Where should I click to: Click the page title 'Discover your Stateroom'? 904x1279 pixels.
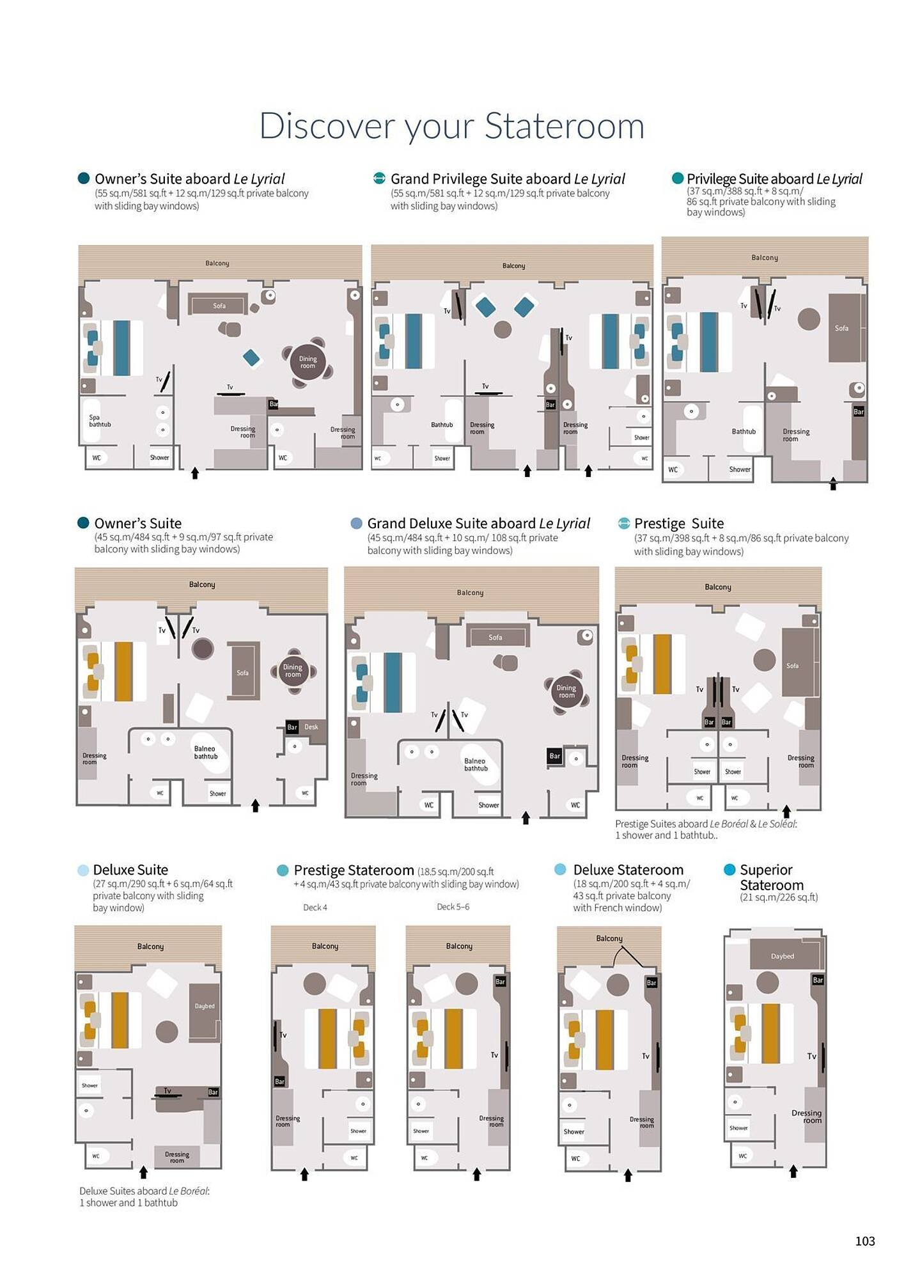pyautogui.click(x=451, y=125)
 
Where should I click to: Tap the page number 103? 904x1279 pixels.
pyautogui.click(x=864, y=1241)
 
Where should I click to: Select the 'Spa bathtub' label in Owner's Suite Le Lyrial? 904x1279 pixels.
pyautogui.click(x=99, y=421)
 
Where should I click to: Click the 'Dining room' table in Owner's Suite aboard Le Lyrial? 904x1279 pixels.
pyautogui.click(x=308, y=363)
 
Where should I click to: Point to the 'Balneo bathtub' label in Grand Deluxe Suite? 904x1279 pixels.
pyautogui.click(x=475, y=765)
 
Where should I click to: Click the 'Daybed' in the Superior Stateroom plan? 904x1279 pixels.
pyautogui.click(x=782, y=956)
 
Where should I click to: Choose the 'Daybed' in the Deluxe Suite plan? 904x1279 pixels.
pyautogui.click(x=205, y=1006)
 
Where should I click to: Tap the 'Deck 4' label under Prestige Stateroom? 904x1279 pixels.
pyautogui.click(x=315, y=907)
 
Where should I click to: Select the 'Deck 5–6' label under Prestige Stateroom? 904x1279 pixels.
pyautogui.click(x=453, y=907)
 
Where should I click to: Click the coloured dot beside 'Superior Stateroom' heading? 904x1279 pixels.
pyautogui.click(x=729, y=870)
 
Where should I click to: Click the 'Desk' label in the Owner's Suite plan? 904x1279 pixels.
pyautogui.click(x=311, y=727)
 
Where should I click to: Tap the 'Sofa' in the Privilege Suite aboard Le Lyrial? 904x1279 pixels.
pyautogui.click(x=841, y=328)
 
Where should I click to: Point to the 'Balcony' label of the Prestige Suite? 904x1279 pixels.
pyautogui.click(x=717, y=587)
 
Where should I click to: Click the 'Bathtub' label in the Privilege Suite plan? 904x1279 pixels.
pyautogui.click(x=744, y=432)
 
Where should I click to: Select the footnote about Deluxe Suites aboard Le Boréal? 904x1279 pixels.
pyautogui.click(x=144, y=1197)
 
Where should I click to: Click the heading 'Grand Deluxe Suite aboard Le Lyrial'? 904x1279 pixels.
pyautogui.click(x=478, y=523)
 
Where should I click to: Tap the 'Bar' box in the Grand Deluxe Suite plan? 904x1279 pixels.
pyautogui.click(x=554, y=756)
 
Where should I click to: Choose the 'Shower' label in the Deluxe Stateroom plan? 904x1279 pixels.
pyautogui.click(x=573, y=1131)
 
